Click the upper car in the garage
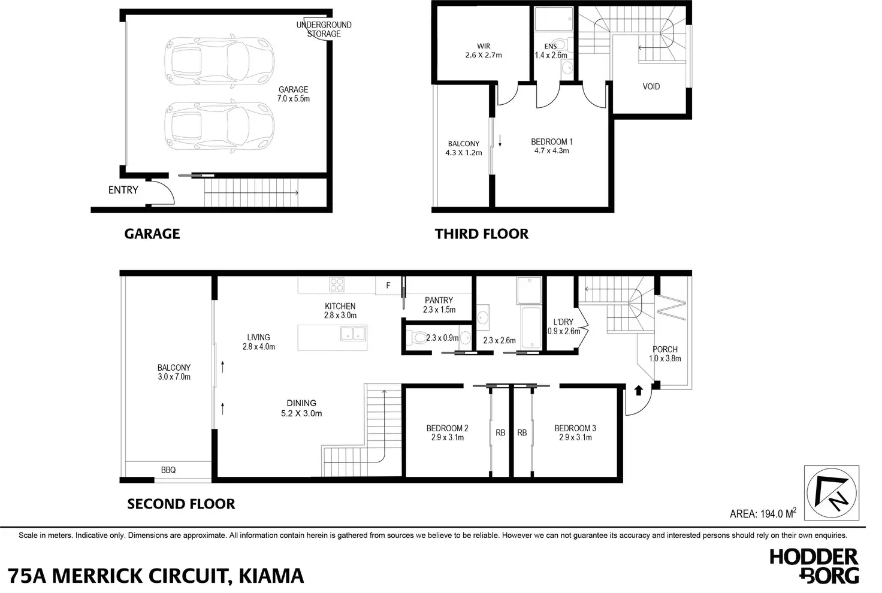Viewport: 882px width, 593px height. (x=219, y=62)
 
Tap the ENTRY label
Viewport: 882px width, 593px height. (x=123, y=190)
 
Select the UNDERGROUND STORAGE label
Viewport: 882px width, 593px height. (x=324, y=29)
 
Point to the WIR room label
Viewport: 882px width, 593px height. (x=484, y=46)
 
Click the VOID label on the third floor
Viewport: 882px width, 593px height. (x=651, y=86)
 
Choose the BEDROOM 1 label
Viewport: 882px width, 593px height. (x=551, y=142)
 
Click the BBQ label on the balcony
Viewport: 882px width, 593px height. (x=168, y=470)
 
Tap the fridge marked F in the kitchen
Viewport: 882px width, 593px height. (x=388, y=286)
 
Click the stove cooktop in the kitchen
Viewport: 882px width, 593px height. (x=337, y=285)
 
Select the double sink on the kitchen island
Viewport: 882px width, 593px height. (x=354, y=334)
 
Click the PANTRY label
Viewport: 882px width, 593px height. (x=439, y=300)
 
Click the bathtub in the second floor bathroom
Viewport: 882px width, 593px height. (x=531, y=328)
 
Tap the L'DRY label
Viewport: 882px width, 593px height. (x=563, y=322)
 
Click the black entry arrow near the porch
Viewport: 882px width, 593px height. (x=638, y=391)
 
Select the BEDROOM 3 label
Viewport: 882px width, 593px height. (x=575, y=428)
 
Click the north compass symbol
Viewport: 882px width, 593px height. (x=832, y=493)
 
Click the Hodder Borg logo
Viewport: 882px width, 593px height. (x=814, y=565)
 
